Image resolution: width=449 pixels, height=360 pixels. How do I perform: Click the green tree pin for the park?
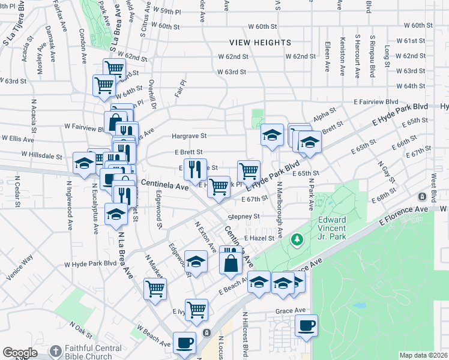coord(296,240)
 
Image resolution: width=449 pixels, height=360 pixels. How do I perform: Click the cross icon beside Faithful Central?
coord(55,350)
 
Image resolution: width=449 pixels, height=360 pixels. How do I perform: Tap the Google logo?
coord(20,353)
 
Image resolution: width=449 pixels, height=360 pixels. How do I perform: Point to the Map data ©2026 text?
coord(424,355)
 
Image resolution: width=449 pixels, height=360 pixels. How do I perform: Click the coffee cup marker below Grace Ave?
coord(306,326)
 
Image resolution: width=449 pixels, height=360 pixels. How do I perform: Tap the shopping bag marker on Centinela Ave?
coord(231,262)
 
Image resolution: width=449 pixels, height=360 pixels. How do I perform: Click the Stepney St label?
coord(243,217)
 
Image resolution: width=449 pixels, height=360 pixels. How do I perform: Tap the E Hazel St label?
coord(259,238)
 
